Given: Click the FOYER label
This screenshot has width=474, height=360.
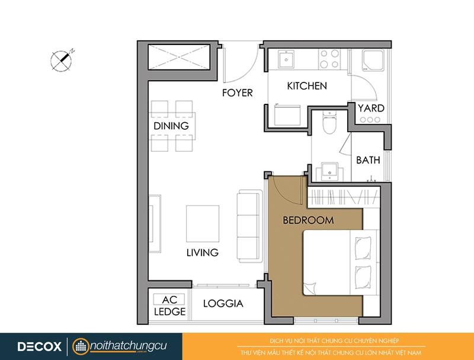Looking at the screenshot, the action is (238, 93).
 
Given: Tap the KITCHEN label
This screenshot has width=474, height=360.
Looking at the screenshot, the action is (307, 86).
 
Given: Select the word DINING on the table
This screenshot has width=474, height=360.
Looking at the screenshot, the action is (171, 126).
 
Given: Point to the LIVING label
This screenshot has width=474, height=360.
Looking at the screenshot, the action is (202, 252).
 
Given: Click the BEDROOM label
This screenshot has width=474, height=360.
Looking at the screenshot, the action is (308, 220).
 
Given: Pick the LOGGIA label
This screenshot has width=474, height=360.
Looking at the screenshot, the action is (223, 304).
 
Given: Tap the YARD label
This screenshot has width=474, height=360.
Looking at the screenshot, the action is (371, 108).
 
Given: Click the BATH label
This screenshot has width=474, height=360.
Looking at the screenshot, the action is (368, 160).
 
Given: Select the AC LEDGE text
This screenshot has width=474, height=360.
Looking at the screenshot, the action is (169, 305).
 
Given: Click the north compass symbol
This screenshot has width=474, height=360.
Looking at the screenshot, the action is (62, 60).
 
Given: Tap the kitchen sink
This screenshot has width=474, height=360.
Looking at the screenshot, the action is (286, 59).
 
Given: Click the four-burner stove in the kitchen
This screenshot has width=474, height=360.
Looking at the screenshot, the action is (329, 59).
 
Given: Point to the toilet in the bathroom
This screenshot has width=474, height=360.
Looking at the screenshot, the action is (329, 123).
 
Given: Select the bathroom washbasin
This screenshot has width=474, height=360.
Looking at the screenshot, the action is (329, 171).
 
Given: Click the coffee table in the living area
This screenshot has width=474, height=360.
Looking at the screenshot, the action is (203, 224).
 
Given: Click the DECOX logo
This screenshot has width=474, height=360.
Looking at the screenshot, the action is (39, 346).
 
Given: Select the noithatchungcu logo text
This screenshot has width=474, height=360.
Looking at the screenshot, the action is (128, 346).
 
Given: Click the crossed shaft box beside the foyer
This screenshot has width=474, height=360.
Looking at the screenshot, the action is (179, 57).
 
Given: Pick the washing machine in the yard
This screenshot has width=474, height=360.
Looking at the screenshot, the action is (373, 61).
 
